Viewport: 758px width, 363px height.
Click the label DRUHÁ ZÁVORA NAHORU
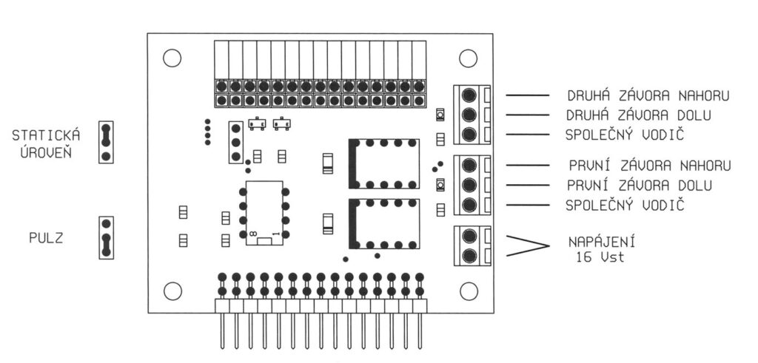click(x=648, y=96)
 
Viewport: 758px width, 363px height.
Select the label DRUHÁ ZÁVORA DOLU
click(x=640, y=116)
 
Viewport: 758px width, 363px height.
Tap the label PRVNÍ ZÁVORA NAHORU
click(x=650, y=165)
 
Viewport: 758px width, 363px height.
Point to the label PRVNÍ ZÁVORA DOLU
click(x=641, y=184)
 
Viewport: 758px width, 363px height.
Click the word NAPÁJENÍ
click(x=602, y=242)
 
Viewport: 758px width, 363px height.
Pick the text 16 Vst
click(x=599, y=258)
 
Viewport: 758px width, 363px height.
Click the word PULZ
click(x=47, y=239)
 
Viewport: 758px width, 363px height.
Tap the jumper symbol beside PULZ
click(x=106, y=237)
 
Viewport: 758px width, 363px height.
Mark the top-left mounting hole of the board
click(x=172, y=58)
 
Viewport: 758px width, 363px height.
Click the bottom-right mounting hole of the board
click(x=467, y=291)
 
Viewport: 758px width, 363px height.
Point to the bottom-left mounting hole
click(x=172, y=291)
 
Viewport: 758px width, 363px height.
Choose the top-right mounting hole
click(x=467, y=58)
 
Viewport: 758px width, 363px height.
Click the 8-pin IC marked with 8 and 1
click(x=264, y=213)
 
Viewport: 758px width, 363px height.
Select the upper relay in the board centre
click(x=383, y=163)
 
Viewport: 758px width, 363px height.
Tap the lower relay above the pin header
click(x=383, y=223)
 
